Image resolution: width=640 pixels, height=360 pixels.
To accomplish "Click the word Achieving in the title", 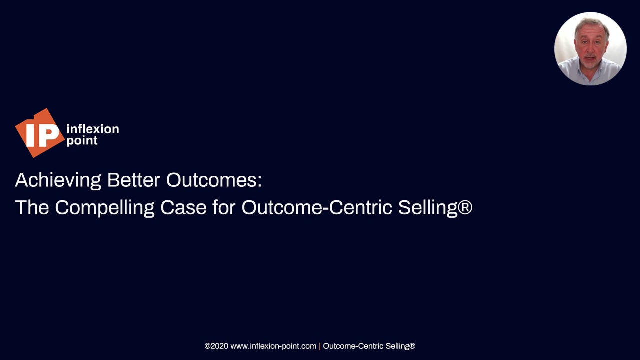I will click(58, 180).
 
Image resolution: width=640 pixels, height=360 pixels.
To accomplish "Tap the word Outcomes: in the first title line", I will click(214, 180).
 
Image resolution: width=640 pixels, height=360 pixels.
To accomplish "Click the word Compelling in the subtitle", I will click(104, 207).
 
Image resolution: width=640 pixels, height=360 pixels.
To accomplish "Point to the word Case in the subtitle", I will click(183, 207).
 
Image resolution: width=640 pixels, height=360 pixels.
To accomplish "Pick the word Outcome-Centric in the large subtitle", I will click(317, 207).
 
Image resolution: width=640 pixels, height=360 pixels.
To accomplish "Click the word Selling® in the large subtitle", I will click(435, 207).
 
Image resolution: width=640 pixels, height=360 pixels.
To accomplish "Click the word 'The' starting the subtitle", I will click(32, 207).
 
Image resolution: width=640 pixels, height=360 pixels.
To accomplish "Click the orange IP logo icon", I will click(39, 133).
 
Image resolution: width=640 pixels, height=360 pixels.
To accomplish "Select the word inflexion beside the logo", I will click(92, 129).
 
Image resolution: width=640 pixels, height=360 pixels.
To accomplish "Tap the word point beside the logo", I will click(82, 141).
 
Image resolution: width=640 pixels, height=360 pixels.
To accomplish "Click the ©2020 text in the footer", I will click(216, 346).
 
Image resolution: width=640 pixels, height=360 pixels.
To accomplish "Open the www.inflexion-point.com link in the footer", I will click(273, 346).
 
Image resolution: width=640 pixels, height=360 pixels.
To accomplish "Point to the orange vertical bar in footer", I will click(320, 346).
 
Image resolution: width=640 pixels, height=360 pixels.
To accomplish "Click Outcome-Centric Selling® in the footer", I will click(369, 346).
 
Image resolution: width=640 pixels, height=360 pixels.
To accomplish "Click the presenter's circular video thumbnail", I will click(590, 48).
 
